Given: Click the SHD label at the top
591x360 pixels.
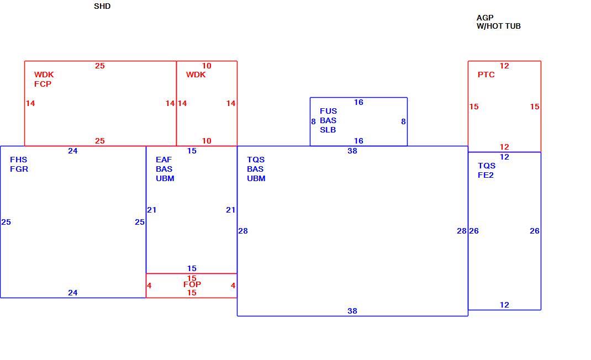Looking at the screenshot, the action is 102,7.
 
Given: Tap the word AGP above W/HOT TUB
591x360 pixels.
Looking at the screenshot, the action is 485,18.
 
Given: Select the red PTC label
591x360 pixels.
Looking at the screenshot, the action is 486,75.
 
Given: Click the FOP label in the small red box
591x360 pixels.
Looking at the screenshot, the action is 192,284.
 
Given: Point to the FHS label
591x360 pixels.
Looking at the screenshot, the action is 18,160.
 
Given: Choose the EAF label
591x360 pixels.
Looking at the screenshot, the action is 163,160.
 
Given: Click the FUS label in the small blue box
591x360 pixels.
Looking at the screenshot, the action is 328,111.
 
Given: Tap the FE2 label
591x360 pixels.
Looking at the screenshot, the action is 486,175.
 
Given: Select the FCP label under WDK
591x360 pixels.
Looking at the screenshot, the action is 43,84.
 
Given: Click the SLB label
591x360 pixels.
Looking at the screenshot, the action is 328,130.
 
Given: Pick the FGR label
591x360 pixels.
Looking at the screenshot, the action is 19,170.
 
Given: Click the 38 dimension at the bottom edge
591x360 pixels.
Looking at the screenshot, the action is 352,311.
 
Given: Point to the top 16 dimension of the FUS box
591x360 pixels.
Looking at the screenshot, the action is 358,102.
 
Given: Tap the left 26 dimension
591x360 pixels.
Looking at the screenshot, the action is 474,231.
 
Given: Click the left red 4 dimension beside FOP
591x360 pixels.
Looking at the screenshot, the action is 149,286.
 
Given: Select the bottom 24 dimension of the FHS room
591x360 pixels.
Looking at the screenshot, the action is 73,293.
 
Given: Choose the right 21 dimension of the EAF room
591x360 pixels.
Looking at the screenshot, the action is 231,210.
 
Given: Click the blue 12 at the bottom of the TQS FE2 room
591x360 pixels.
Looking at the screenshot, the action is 504,305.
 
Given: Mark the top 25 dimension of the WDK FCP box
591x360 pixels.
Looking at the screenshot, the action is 99,66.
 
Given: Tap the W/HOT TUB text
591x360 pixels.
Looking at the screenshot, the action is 498,27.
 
